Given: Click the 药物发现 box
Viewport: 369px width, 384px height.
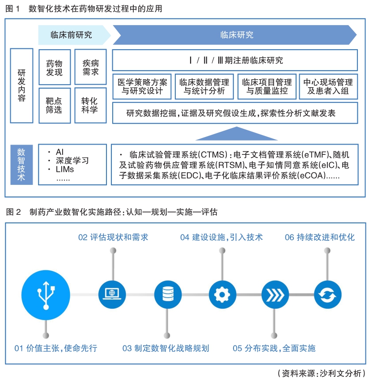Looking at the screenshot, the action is (x=55, y=67).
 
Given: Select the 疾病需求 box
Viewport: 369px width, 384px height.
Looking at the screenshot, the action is (x=90, y=67).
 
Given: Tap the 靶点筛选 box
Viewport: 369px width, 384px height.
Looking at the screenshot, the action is (x=55, y=105).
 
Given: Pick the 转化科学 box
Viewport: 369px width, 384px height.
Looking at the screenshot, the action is (x=90, y=105).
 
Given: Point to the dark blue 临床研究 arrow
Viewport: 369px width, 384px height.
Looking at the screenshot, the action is (x=234, y=35).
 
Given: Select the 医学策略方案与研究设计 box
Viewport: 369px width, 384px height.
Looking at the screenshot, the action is (x=142, y=86).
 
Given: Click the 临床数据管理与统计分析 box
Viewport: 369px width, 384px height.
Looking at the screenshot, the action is (x=204, y=86).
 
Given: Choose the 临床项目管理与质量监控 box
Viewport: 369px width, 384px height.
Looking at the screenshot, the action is (x=267, y=86).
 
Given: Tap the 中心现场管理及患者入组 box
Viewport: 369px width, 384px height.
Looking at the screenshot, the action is (x=328, y=86).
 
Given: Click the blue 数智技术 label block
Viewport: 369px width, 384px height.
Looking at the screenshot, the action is (x=21, y=165).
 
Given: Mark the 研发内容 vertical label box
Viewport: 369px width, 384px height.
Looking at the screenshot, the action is (x=21, y=85).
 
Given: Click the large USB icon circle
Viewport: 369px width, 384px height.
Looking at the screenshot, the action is (x=46, y=295).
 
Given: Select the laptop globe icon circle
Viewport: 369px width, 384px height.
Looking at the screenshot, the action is (x=112, y=294).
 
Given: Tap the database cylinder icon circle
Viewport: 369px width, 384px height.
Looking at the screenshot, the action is (x=168, y=294).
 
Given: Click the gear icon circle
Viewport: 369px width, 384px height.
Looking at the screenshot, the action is (x=222, y=294).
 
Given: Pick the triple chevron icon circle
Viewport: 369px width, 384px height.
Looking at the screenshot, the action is (x=275, y=294).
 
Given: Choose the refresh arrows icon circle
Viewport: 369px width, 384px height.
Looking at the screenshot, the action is (x=328, y=294).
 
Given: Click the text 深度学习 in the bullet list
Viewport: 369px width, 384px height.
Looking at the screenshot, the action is (x=72, y=161).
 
